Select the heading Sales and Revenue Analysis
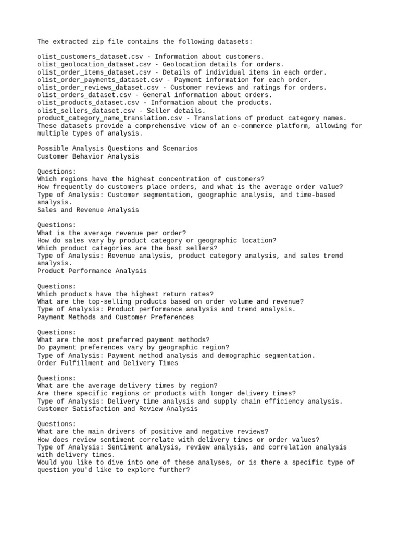(88, 210)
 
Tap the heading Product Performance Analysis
(92, 271)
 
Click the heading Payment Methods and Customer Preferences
(115, 317)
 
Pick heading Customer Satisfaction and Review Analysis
(117, 409)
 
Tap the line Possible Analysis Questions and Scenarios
(117, 149)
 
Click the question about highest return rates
(125, 294)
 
